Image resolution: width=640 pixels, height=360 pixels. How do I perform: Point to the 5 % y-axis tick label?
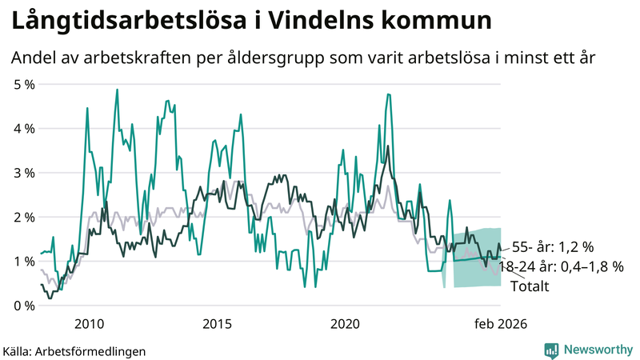coord(24,83)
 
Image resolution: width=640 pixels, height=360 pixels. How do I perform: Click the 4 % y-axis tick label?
coord(24,128)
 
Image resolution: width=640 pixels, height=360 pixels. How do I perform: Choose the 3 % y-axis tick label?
coord(24,172)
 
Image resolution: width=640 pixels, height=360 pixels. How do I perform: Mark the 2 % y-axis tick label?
coord(24,217)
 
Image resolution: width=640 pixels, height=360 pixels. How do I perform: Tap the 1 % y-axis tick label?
coord(24,261)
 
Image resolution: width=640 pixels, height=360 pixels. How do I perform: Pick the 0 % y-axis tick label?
coord(24,306)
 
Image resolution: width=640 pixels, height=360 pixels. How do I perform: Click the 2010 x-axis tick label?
coord(88,323)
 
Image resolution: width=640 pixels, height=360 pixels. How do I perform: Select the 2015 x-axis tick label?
coord(217,323)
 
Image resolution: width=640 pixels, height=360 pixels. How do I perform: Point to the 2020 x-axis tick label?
coord(345,323)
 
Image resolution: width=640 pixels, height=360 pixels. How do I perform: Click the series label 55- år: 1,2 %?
coord(552,246)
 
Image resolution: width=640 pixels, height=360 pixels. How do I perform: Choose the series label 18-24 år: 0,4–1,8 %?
coord(561,267)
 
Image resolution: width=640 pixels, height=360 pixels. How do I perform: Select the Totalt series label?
coord(529,286)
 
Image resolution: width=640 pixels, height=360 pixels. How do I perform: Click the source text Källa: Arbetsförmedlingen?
coord(74,350)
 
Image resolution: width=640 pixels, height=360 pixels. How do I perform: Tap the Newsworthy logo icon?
coord(552,350)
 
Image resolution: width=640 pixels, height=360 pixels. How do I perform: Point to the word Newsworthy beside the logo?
coord(597,350)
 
